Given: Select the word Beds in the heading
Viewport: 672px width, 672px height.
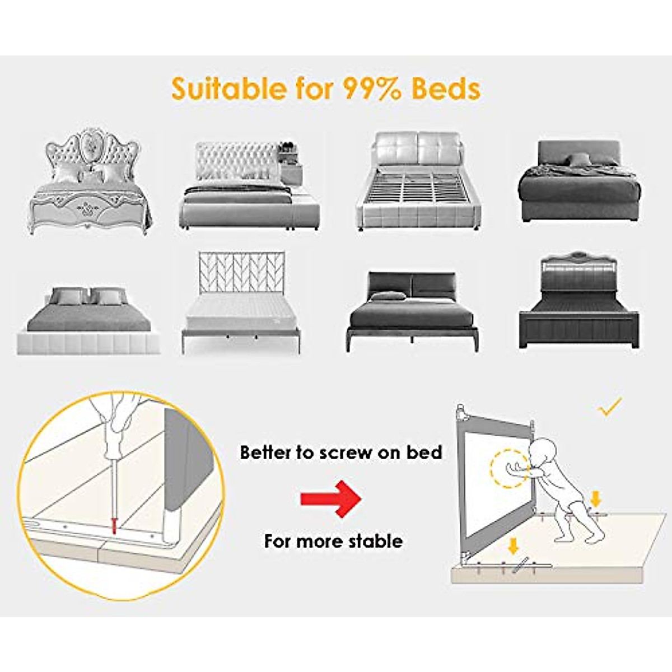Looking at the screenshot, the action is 446,88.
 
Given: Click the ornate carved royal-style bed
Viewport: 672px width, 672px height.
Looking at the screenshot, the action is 90,182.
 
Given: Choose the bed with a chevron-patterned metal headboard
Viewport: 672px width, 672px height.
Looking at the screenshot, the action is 241,302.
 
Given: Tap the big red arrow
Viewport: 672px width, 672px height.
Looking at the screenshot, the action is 330,498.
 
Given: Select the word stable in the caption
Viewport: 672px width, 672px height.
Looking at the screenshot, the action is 375,542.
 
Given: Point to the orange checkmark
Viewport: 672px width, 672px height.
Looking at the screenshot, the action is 610,408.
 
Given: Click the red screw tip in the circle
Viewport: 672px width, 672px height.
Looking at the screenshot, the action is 114,527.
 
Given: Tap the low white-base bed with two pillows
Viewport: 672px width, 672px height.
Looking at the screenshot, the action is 89,322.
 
